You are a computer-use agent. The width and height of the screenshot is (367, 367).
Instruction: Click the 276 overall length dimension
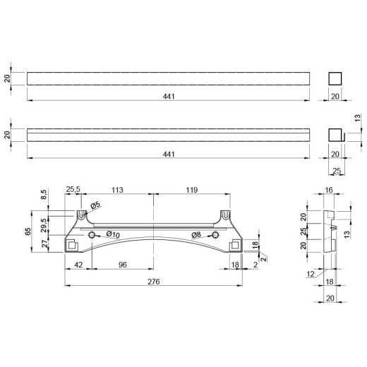[154, 282]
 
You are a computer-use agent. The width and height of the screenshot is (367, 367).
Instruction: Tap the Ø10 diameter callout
[113, 234]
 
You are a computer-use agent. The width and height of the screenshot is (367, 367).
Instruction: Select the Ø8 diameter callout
[196, 234]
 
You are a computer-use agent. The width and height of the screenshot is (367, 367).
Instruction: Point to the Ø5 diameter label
[95, 205]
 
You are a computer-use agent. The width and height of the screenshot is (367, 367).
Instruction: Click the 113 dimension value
[117, 190]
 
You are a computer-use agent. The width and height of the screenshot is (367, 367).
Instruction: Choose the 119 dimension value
[192, 190]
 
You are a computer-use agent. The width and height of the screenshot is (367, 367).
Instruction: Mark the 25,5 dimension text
[73, 189]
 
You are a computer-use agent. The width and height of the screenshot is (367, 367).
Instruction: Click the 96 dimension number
[123, 265]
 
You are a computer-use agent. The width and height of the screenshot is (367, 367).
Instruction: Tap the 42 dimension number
[78, 265]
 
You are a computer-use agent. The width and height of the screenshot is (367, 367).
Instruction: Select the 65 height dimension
[28, 231]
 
